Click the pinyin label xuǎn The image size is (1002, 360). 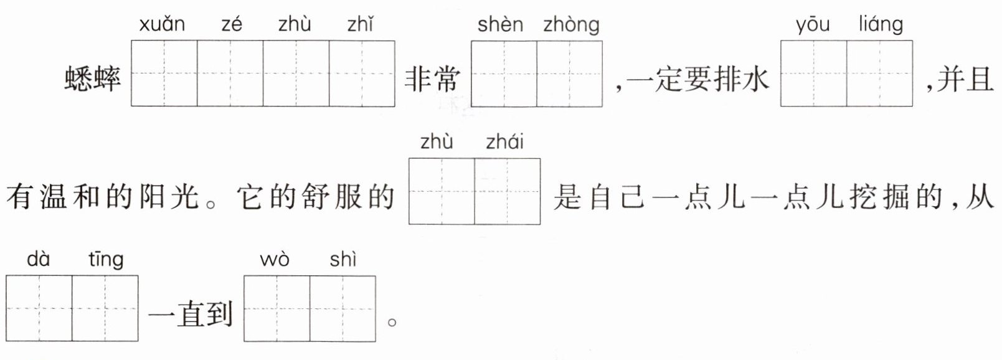[x=162, y=24]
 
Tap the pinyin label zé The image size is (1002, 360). [x=232, y=24]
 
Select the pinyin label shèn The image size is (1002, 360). [x=500, y=24]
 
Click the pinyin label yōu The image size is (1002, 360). [x=813, y=25]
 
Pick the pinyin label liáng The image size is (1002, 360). [x=881, y=25]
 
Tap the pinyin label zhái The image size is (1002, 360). [x=504, y=142]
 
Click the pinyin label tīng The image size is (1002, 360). [x=106, y=259]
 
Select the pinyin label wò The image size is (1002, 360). [x=275, y=259]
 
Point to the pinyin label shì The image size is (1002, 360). [x=343, y=259]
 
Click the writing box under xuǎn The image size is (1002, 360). [x=164, y=73]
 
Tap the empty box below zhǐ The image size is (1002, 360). [x=362, y=73]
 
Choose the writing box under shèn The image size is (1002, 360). [x=504, y=73]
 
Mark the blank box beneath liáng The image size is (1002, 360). [x=879, y=73]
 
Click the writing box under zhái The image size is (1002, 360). [x=508, y=191]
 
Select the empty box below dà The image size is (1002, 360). [x=39, y=308]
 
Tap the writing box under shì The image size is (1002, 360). [x=343, y=308]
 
